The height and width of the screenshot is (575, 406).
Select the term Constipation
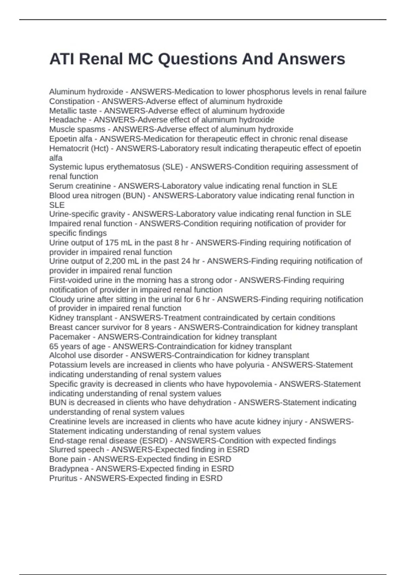(72, 101)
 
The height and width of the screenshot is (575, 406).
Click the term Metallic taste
(73, 111)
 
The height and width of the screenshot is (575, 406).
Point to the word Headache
(68, 120)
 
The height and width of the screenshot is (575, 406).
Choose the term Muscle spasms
(77, 129)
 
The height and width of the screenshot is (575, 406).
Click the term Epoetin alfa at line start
(70, 139)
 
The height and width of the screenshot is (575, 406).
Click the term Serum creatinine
(80, 186)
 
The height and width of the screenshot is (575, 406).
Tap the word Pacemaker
(70, 337)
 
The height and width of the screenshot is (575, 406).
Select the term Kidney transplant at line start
(81, 318)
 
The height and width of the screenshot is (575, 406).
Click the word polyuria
(250, 365)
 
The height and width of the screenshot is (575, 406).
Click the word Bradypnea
(69, 468)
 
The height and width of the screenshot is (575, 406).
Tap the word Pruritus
(63, 478)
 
